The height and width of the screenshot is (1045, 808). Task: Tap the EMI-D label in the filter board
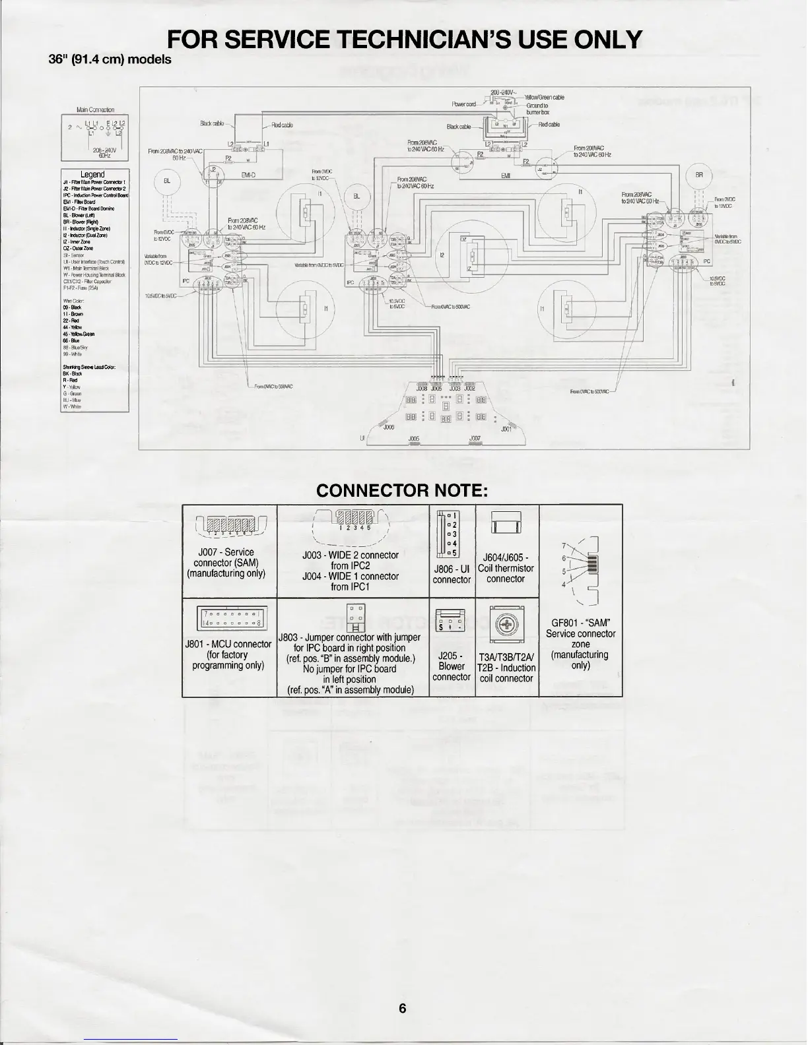[x=249, y=175]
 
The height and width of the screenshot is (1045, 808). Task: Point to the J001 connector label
[x=506, y=429]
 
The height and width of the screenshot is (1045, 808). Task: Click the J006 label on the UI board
[x=389, y=427]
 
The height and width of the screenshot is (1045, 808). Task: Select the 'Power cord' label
[x=463, y=104]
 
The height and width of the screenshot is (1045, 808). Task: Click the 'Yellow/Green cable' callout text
[x=545, y=98]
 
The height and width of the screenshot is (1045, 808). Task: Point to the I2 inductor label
[x=442, y=255]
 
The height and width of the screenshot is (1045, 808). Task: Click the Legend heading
[x=92, y=175]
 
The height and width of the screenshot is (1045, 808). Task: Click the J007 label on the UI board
[x=475, y=438]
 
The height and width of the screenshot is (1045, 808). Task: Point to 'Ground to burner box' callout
[x=537, y=109]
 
